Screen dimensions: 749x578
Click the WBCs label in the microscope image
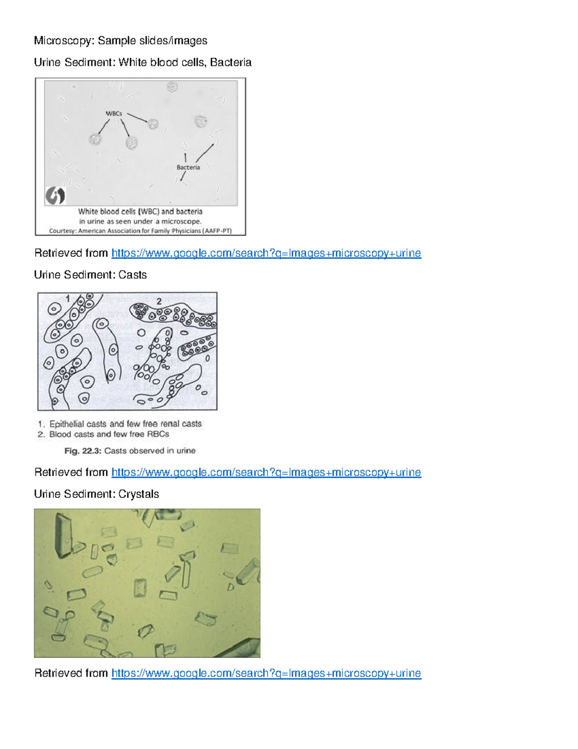coord(114,113)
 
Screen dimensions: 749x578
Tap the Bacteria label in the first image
coord(188,167)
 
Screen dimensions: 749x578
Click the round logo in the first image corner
coord(55,196)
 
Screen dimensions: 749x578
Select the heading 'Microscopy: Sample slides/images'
coord(120,41)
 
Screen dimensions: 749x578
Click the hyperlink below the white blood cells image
coord(266,253)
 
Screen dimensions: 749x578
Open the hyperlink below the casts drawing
coord(266,472)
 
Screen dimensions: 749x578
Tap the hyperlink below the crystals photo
coord(266,673)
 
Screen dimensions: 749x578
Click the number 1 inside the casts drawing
coord(68,299)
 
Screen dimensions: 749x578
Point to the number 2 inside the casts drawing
coord(158,301)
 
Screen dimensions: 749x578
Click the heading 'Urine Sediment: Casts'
coord(90,275)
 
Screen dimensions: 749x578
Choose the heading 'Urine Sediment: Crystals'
coord(96,494)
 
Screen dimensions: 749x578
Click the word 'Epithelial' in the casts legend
coord(67,424)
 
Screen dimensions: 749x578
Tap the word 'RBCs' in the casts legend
coord(158,434)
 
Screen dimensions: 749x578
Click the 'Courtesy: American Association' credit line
coord(140,231)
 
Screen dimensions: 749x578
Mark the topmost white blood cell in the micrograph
coord(172,87)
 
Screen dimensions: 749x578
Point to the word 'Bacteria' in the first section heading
coord(230,62)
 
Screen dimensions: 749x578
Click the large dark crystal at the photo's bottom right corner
coord(243,648)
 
